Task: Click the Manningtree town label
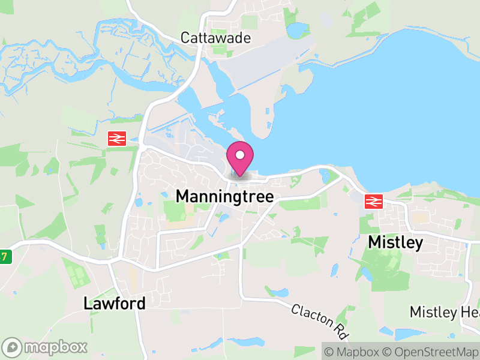224,196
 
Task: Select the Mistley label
395,242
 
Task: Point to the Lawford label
114,304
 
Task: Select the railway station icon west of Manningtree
116,139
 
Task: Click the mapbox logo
46,347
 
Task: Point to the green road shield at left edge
5,256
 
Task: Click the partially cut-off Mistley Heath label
444,312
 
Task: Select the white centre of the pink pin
240,155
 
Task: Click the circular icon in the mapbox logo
13,347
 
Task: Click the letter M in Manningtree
182,196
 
